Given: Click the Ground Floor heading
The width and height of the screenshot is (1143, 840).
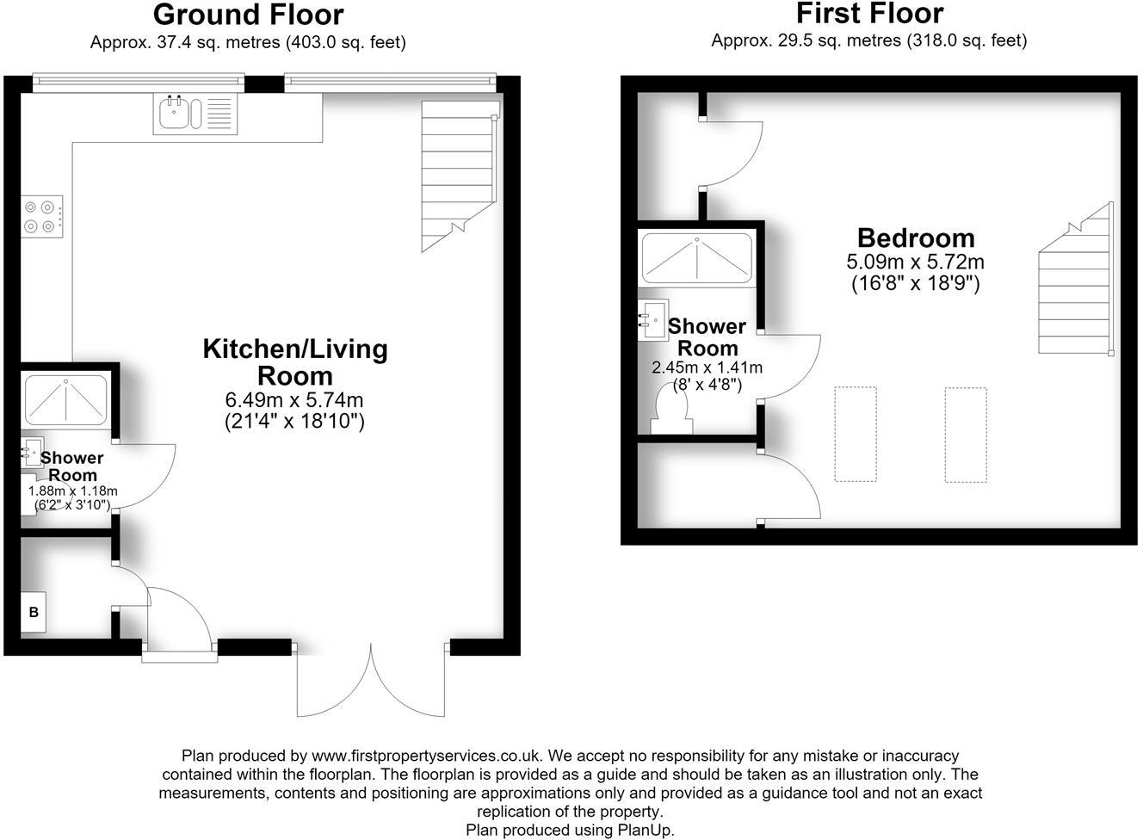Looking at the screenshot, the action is point(249,15).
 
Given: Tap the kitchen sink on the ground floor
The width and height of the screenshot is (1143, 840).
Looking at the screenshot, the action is point(195,114).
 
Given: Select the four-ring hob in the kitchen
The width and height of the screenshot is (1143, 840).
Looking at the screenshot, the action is point(42,216).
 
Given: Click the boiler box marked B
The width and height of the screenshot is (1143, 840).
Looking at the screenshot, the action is point(34,612).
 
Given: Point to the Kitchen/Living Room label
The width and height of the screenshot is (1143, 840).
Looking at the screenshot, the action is point(295,362).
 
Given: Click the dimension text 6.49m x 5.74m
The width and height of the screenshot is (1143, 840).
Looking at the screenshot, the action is point(294,399).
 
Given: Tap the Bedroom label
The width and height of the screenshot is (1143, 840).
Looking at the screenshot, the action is point(916,238).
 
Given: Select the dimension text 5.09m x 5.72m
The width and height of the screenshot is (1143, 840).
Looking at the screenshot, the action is point(916,262).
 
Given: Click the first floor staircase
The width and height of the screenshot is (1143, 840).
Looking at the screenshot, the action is point(1076,278).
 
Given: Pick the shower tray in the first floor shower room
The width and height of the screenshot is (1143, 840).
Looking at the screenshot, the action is point(696,258).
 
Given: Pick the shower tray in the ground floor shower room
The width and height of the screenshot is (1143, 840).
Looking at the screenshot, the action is point(66,401).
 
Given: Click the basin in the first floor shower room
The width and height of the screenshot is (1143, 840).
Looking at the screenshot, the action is point(653,320).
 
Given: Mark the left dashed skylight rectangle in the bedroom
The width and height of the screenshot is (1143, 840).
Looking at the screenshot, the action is point(856,435).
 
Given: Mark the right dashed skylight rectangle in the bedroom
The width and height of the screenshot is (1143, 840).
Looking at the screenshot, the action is point(966,435).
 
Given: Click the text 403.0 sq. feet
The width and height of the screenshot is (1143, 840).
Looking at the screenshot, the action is point(345,42).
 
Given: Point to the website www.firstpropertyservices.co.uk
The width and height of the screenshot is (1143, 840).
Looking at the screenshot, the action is point(425,756).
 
